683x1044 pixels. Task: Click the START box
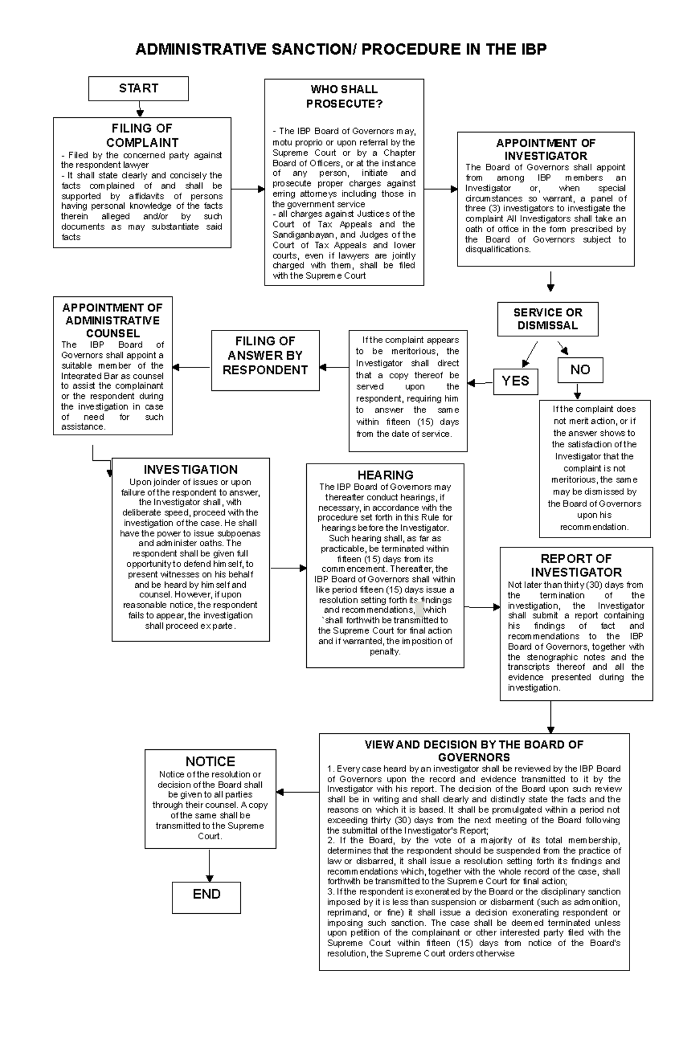(138, 89)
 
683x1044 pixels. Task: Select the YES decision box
(515, 381)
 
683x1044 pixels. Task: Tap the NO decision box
(580, 370)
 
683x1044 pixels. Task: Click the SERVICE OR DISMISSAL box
(548, 319)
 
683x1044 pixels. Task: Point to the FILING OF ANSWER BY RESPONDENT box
(265, 356)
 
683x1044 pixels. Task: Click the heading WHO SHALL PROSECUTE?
(344, 97)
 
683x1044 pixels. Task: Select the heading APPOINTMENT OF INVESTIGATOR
(545, 150)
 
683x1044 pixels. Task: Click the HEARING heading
(385, 475)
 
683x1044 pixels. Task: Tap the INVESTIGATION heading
(190, 470)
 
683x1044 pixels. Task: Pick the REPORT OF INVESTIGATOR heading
(576, 566)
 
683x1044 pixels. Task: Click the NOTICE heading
(210, 762)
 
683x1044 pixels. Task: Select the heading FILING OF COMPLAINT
(142, 135)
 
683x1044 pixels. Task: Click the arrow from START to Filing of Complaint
(139, 109)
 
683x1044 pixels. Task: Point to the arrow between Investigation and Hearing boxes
(288, 568)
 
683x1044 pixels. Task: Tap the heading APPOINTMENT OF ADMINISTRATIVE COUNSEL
(113, 320)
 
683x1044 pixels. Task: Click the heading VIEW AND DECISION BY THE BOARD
(474, 751)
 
